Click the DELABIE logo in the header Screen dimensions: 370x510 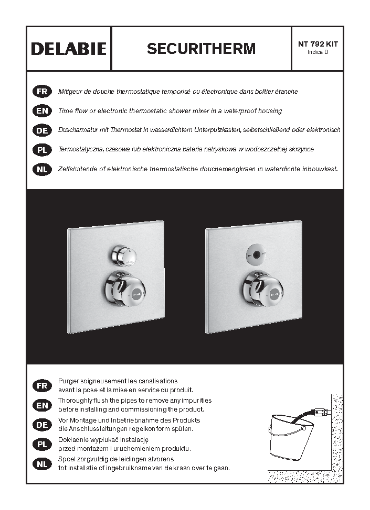pos(69,49)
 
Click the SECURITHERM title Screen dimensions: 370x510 pos(201,49)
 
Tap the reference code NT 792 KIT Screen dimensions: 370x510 pos(318,44)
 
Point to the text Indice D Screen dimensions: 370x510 pos(318,52)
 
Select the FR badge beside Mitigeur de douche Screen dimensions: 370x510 pos(42,92)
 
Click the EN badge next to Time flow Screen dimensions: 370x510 pos(42,111)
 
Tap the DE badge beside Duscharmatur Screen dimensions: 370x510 pos(42,130)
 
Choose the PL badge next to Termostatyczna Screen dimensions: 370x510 pos(42,150)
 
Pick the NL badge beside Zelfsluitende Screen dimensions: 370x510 pos(42,170)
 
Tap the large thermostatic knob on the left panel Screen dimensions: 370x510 pos(124,289)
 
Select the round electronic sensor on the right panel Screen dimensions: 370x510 pos(257,254)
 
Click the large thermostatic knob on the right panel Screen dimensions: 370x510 pos(262,289)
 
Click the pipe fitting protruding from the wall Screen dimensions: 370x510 pos(322,413)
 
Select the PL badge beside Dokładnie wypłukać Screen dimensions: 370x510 pos(42,445)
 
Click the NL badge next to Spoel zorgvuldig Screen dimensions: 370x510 pos(42,464)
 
